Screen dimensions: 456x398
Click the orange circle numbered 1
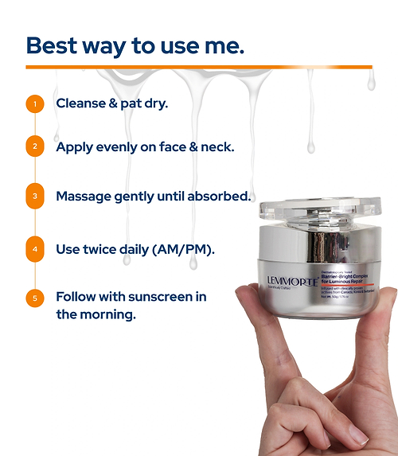[34, 103]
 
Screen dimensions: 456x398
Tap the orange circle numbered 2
[34, 147]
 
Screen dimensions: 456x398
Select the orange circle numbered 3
[34, 197]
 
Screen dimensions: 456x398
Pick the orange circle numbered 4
[34, 249]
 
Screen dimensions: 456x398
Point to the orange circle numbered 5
[34, 299]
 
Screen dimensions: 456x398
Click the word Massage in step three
[84, 196]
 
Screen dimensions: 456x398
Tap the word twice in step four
[107, 249]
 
